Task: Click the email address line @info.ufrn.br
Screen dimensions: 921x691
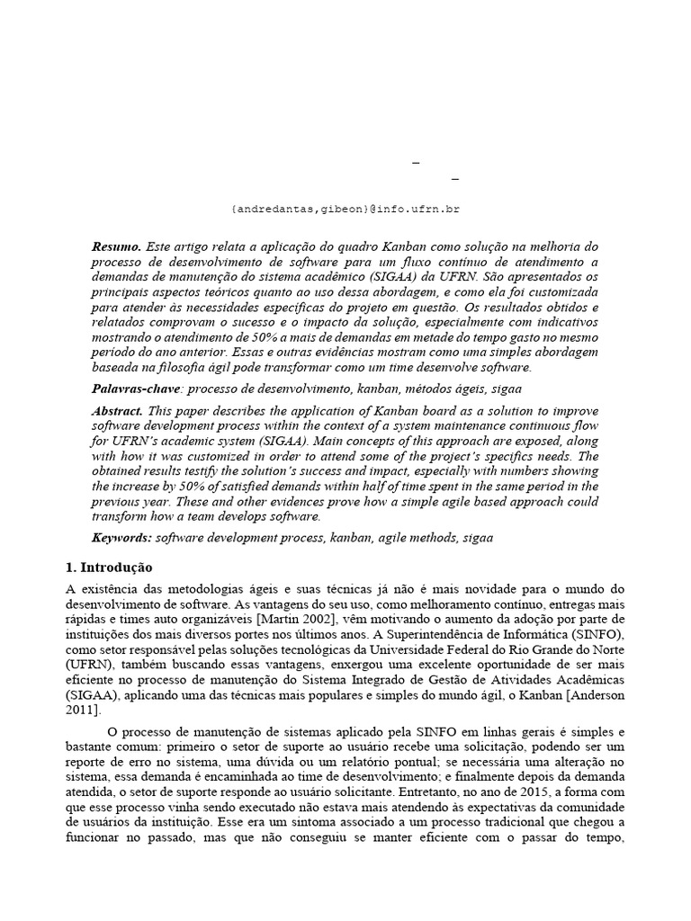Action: pyautogui.click(x=345, y=209)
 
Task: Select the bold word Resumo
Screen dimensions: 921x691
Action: pyautogui.click(x=116, y=246)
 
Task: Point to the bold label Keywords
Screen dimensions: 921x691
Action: pyautogui.click(x=121, y=537)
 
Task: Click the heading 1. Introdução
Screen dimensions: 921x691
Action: pyautogui.click(x=110, y=568)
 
